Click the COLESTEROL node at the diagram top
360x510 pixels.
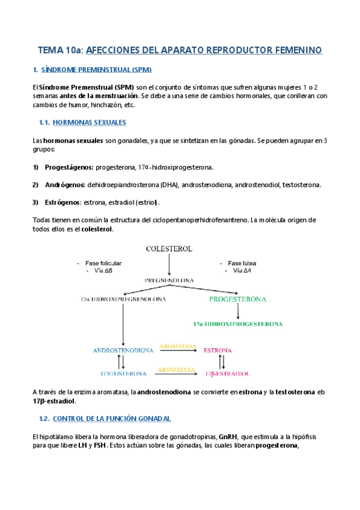click(170, 248)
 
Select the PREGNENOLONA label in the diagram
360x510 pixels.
click(170, 280)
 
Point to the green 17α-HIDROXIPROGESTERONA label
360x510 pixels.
click(238, 324)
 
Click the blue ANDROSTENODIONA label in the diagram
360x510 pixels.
click(123, 350)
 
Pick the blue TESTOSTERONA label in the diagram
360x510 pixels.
click(123, 373)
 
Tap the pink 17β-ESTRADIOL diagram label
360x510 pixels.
click(223, 373)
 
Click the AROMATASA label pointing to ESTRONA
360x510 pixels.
click(177, 346)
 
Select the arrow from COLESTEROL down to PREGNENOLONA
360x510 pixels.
click(170, 265)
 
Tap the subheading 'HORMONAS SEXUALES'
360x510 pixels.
click(90, 122)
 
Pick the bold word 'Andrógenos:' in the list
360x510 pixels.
click(65, 185)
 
